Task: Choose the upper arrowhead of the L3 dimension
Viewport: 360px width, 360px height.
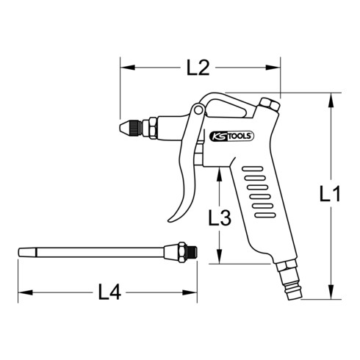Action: [220, 171]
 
